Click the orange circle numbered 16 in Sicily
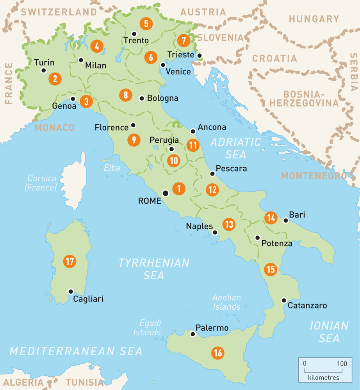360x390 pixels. [x=218, y=353]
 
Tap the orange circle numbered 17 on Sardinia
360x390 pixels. [x=70, y=261]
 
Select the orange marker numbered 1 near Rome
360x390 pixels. [x=179, y=189]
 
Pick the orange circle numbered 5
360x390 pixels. [x=146, y=23]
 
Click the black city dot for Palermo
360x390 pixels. [x=192, y=334]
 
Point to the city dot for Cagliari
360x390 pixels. [x=71, y=291]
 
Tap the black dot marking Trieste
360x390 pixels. [x=200, y=56]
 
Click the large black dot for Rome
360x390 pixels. [x=166, y=193]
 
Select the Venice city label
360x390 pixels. [x=178, y=72]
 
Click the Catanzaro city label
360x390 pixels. [x=307, y=306]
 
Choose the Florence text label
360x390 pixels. [x=111, y=128]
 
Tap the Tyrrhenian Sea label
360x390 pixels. [x=154, y=269]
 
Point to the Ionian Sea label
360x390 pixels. [x=329, y=331]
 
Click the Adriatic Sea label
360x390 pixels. [x=235, y=148]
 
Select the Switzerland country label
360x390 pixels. [x=59, y=12]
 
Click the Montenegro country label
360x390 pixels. [x=314, y=176]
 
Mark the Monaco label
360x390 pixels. [x=55, y=128]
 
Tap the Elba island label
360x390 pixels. [x=112, y=168]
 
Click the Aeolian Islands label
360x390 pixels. [x=226, y=302]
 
